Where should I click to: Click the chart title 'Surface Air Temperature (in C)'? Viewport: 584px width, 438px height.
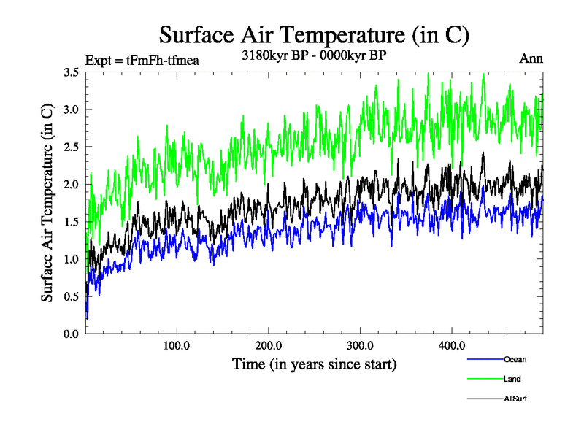pos(313,34)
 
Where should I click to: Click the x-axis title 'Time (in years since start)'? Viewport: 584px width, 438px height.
pos(314,363)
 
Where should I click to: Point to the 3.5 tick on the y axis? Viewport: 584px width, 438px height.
pos(71,72)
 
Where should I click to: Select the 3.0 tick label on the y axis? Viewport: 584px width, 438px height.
pos(71,109)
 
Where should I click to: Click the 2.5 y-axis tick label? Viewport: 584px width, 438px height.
pos(71,147)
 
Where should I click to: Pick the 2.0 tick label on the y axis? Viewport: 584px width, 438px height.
pos(71,184)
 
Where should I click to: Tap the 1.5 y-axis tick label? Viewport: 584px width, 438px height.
pos(71,221)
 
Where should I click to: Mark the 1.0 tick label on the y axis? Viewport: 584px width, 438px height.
pos(71,259)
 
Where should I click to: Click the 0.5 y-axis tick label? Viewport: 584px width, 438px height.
pos(71,296)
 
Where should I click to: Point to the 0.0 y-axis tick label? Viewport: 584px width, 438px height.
pos(71,334)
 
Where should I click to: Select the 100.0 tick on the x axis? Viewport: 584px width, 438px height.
pos(177,345)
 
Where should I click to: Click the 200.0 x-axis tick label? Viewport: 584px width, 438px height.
pos(269,345)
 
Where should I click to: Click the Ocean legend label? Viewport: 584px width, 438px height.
pos(515,359)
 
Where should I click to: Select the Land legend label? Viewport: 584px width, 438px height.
pos(512,379)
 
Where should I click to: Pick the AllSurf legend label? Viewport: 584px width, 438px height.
pos(515,399)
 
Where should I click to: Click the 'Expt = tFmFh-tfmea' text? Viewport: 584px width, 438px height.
pos(142,60)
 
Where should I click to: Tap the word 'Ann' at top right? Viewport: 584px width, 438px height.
pos(531,58)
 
